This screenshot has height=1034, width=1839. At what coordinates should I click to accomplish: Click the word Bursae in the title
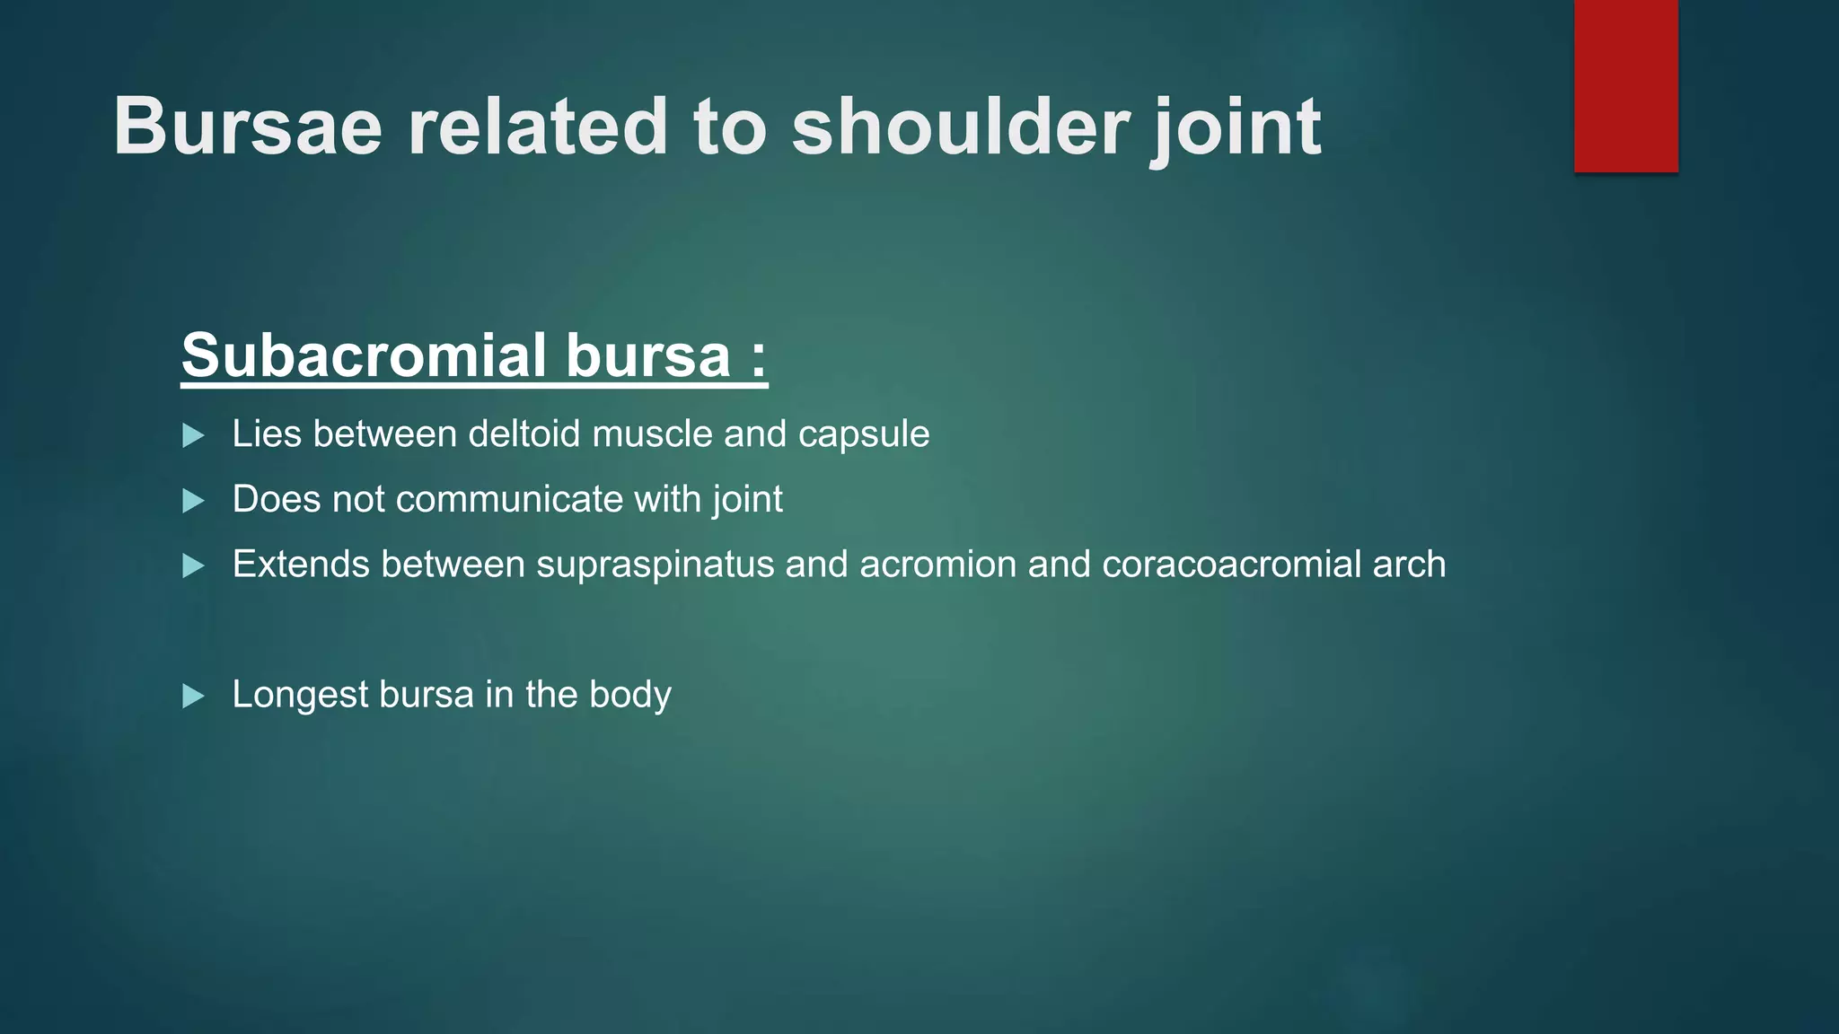[x=248, y=127]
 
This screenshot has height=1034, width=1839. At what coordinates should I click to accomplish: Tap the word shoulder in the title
[x=960, y=127]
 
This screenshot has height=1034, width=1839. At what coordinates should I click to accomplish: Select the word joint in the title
[x=1236, y=127]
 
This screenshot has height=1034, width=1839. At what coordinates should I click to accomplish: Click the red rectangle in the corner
[x=1625, y=85]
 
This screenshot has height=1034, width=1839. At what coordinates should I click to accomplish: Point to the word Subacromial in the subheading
[x=364, y=355]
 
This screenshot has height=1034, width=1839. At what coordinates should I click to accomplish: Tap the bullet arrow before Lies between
[x=193, y=436]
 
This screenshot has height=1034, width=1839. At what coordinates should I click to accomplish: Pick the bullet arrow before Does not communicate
[x=193, y=501]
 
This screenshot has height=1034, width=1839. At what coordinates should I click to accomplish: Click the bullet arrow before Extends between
[x=193, y=566]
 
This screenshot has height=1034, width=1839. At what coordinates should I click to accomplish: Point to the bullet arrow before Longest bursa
[x=193, y=697]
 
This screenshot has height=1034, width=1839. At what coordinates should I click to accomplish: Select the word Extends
[x=301, y=565]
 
